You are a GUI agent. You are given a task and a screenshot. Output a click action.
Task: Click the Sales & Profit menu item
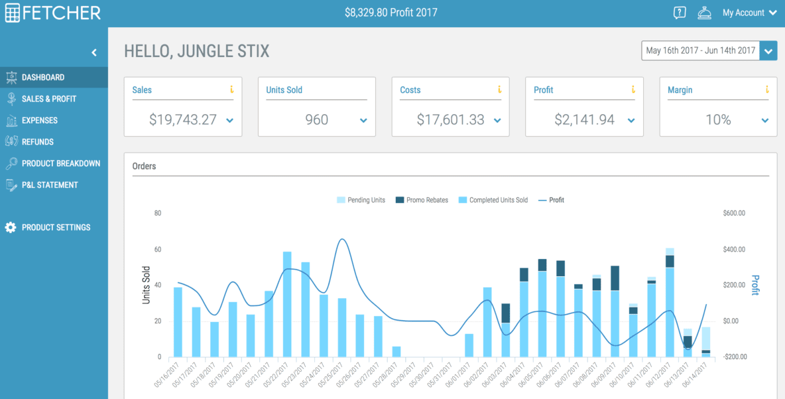(48, 99)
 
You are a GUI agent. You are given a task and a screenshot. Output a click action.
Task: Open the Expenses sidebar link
(39, 120)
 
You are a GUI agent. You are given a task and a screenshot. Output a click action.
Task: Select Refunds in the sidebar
(37, 142)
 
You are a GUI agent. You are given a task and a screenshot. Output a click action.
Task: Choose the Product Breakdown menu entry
(60, 163)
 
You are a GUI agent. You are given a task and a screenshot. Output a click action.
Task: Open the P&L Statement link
(49, 185)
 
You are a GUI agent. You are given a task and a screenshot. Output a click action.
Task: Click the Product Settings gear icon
(11, 228)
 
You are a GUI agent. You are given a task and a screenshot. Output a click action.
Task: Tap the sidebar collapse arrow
(94, 52)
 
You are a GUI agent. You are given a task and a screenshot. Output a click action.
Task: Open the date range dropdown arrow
(768, 51)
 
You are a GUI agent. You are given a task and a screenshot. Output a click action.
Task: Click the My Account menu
(749, 13)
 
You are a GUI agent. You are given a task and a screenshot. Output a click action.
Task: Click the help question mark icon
(679, 13)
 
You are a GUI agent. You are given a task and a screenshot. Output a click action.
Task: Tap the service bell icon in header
(704, 13)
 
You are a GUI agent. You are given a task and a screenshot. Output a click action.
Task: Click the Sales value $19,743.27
(183, 120)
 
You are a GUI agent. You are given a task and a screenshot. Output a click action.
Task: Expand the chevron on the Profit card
(631, 121)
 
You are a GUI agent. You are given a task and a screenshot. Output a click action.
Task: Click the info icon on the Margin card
(766, 90)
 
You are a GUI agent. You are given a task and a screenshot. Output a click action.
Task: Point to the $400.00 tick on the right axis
(734, 250)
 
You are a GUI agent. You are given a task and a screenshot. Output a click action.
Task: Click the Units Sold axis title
(147, 285)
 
